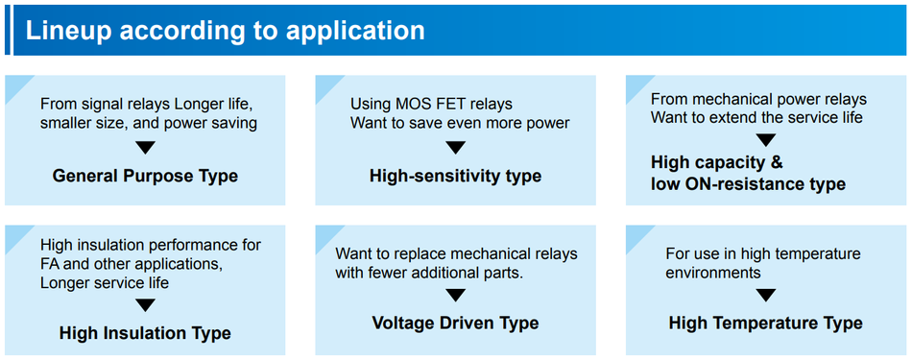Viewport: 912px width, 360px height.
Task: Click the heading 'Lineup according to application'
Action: (225, 30)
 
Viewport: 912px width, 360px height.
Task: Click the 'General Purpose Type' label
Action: (145, 176)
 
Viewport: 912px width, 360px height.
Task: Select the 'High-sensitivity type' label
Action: (455, 176)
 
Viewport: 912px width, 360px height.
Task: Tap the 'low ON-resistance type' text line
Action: (748, 183)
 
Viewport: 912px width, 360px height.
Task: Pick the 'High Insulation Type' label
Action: (145, 333)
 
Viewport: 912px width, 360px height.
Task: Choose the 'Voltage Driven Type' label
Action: (455, 323)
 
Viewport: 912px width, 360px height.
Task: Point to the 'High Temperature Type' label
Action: (765, 323)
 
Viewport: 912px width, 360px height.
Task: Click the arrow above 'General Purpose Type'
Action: (145, 148)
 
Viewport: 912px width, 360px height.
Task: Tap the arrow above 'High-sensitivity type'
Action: (455, 148)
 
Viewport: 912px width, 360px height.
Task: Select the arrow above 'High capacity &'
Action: (765, 140)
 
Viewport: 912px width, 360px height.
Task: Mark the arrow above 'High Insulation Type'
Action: (145, 305)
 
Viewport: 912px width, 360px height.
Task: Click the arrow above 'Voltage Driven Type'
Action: (455, 295)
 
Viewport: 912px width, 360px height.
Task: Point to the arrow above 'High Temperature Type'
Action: (765, 295)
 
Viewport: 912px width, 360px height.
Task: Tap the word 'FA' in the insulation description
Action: (50, 264)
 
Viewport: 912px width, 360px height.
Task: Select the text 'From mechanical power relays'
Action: (758, 99)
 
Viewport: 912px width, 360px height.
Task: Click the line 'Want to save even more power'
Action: (459, 123)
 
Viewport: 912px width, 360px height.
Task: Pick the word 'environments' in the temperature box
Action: (713, 273)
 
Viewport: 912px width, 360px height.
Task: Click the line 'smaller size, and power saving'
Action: (149, 123)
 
